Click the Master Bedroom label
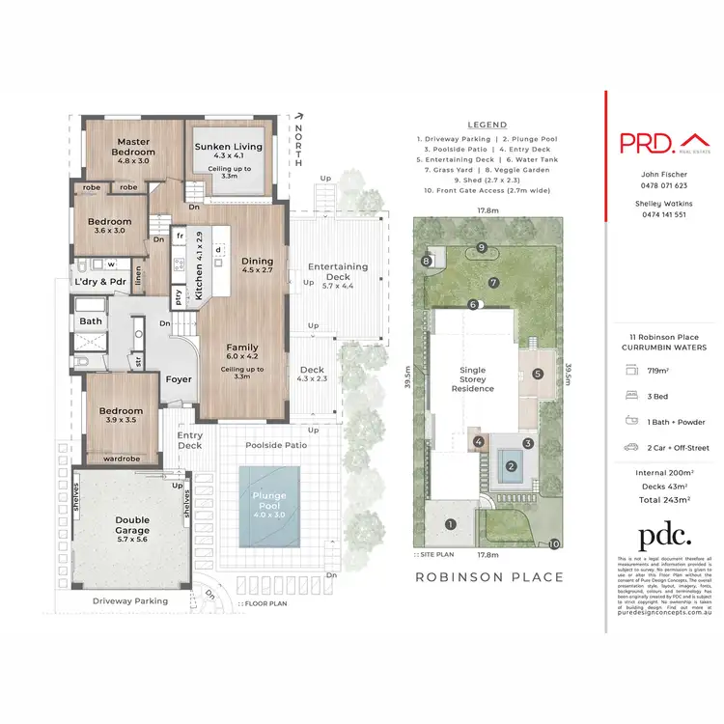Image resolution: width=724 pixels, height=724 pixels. [133, 147]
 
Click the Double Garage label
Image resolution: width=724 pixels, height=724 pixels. [133, 525]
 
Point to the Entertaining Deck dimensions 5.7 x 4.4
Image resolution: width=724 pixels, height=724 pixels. [337, 286]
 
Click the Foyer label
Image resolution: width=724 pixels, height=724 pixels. [179, 379]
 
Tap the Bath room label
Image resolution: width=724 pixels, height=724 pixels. [92, 321]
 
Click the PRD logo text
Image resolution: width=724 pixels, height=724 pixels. [647, 143]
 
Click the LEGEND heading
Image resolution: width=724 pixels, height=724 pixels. [487, 125]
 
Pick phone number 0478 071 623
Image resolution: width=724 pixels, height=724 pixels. [664, 185]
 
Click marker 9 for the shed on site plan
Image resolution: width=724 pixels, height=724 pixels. [482, 246]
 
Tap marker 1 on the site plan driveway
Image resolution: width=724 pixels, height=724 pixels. [449, 524]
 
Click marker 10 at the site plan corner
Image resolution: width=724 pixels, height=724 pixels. [554, 544]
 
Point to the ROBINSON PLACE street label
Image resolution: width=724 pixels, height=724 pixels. [488, 577]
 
